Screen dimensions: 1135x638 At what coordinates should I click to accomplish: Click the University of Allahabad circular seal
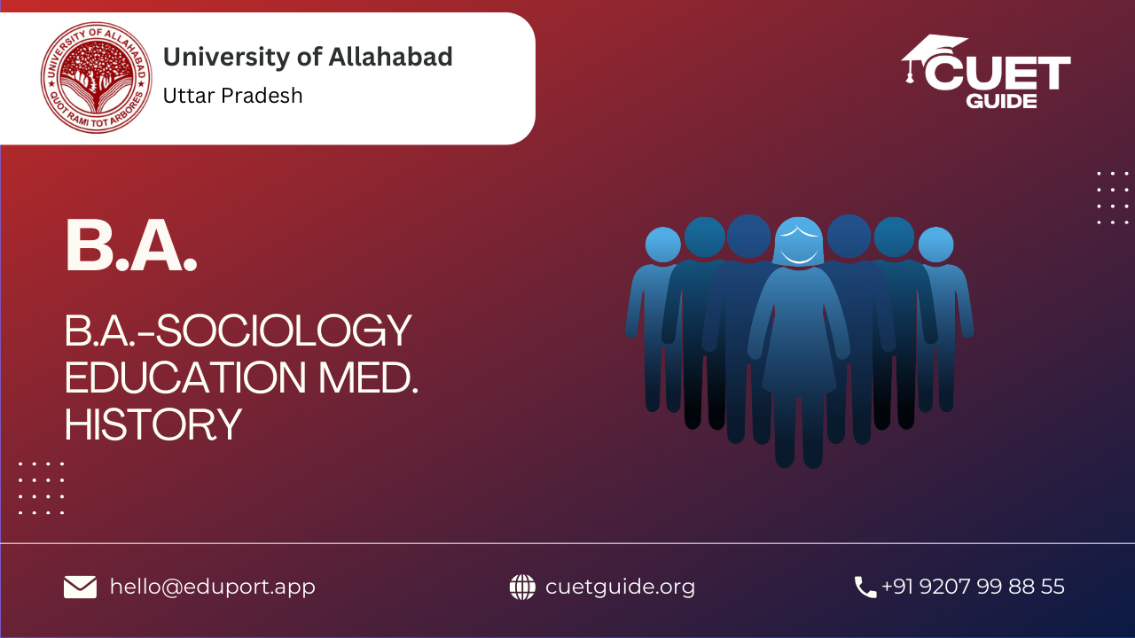[97, 77]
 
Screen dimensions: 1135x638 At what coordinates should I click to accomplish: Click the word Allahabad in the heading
[390, 56]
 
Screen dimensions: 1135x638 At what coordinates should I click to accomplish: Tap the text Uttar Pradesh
[232, 96]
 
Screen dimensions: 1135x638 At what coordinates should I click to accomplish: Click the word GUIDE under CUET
[1001, 101]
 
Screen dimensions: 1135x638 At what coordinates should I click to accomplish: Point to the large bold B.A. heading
[130, 246]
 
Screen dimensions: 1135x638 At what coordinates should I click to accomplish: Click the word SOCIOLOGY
[284, 331]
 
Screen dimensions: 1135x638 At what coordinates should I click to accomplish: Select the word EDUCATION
[185, 377]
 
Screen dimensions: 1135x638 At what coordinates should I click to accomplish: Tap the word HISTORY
[153, 424]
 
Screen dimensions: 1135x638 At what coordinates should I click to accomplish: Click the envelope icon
[80, 587]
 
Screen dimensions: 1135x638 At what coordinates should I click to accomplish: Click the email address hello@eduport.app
[212, 587]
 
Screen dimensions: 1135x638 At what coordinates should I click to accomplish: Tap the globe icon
[522, 587]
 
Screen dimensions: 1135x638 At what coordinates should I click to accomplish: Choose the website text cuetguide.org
[620, 587]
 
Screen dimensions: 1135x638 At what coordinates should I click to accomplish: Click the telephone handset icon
[865, 587]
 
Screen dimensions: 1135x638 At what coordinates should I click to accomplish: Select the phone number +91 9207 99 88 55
[973, 587]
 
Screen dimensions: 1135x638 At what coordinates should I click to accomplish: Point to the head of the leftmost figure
[662, 245]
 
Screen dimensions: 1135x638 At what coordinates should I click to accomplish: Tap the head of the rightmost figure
[935, 245]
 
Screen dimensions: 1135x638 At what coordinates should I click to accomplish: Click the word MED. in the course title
[368, 377]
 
